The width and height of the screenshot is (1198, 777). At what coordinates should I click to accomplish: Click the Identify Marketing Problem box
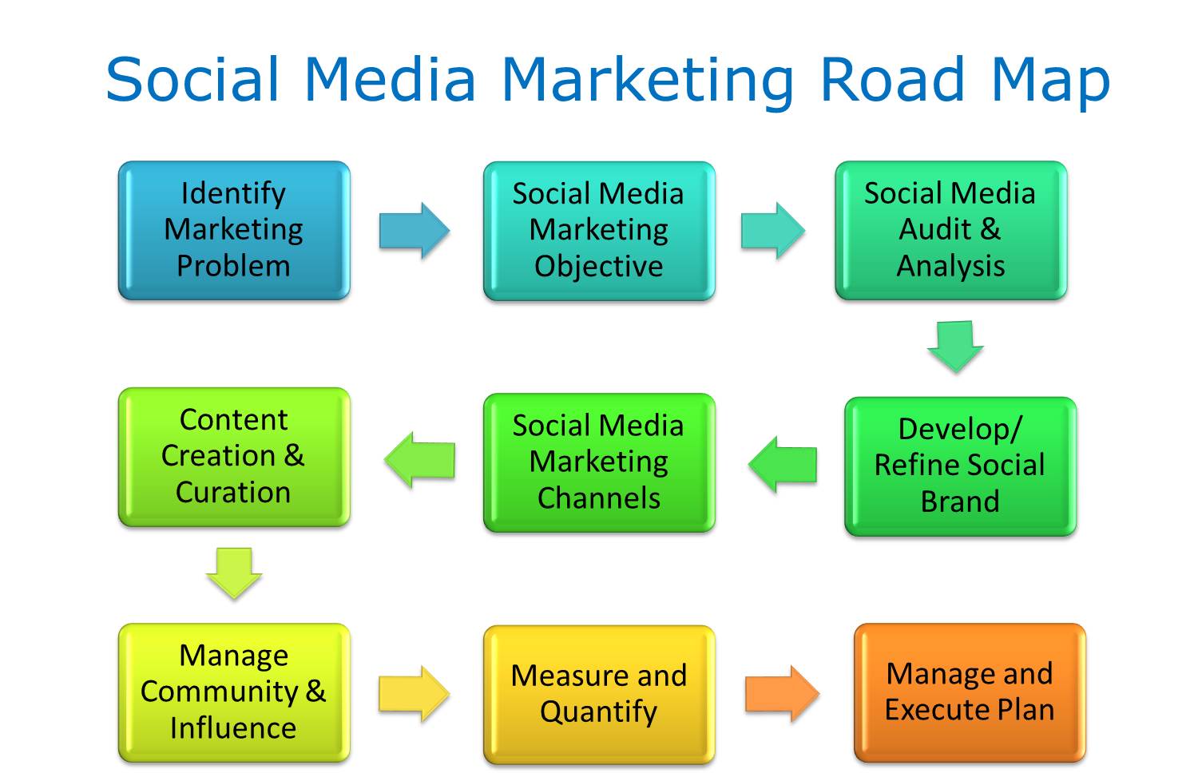tap(234, 231)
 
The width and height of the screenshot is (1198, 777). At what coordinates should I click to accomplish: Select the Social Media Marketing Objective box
tap(600, 231)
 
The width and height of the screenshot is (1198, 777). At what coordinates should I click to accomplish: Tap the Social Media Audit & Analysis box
tap(951, 231)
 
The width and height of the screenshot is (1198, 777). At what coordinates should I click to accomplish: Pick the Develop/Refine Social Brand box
tap(961, 466)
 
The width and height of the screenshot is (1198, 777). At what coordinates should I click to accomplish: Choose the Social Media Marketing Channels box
tap(600, 462)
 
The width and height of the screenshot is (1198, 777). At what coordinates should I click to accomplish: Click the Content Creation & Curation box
tap(234, 458)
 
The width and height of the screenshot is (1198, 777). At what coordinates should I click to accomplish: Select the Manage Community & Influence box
tap(234, 693)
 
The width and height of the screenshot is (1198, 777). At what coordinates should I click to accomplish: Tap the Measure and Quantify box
tap(600, 695)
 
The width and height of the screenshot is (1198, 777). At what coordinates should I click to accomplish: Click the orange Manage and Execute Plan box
tap(970, 693)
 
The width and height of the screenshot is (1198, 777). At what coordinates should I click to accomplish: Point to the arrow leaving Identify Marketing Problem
tap(415, 231)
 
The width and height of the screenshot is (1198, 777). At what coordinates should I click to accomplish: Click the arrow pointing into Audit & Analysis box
tap(773, 231)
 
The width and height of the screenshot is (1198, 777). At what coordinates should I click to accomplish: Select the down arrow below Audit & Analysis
tap(956, 347)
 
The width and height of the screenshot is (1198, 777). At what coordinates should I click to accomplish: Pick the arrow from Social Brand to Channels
tap(783, 465)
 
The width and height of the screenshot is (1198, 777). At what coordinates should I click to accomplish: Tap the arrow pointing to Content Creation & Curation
tap(420, 460)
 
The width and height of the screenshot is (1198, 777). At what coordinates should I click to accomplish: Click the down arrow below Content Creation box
tap(234, 573)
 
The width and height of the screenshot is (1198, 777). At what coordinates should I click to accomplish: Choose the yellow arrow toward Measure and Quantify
tap(415, 694)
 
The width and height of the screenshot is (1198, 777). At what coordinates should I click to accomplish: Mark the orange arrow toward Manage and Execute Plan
tap(783, 694)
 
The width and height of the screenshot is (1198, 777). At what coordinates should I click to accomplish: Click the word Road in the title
tap(893, 79)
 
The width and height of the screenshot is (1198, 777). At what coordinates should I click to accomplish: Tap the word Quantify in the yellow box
tap(599, 712)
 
